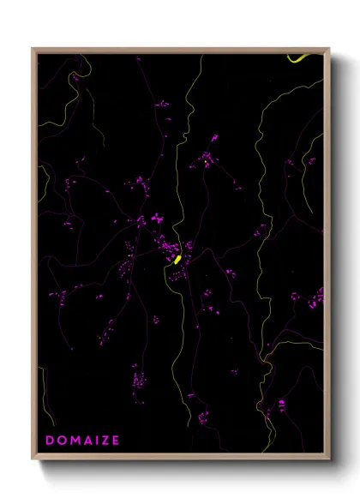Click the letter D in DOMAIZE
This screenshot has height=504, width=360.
[x=49, y=441]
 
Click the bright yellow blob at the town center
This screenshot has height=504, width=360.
[x=177, y=259]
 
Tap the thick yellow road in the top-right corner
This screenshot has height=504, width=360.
[x=299, y=59]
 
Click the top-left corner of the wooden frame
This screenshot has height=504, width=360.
[x=33, y=49]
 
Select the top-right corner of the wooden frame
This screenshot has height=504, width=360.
[x=329, y=49]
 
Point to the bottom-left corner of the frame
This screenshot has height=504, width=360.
[x=33, y=460]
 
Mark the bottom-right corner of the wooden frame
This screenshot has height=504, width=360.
[x=329, y=460]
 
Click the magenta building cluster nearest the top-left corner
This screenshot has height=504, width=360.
[x=75, y=76]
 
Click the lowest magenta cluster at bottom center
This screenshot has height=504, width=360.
[x=203, y=418]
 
